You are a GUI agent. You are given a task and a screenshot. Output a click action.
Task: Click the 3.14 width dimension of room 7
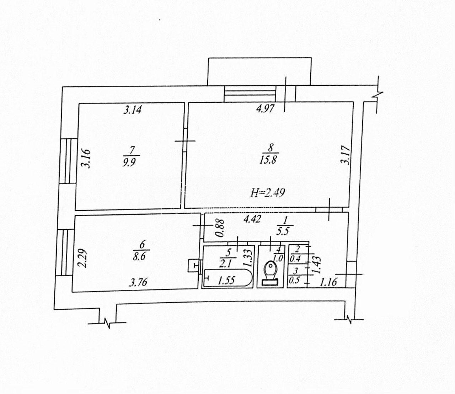132,110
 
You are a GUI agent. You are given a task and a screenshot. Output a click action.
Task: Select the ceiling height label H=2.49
268,193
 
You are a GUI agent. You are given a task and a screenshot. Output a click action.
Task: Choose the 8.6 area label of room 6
139,257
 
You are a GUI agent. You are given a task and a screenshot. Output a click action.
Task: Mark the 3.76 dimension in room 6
138,282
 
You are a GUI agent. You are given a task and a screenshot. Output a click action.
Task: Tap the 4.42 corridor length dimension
252,219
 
